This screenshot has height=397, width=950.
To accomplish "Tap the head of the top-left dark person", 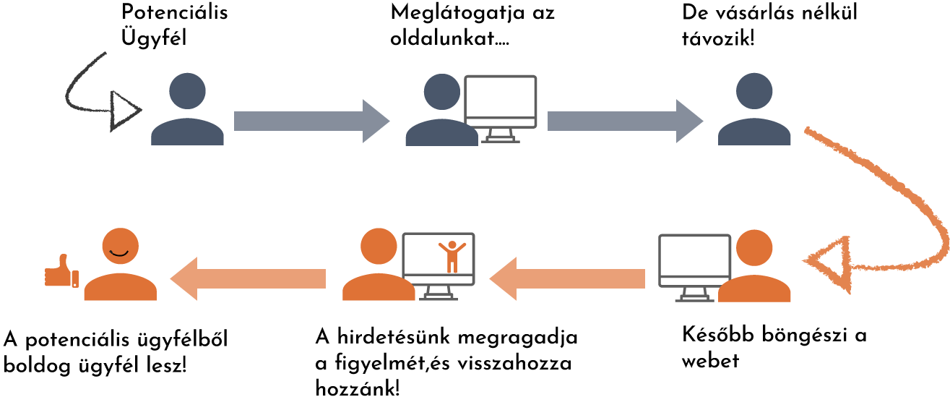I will [x=187, y=91].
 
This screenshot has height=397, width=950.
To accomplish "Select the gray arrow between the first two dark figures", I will [x=311, y=121].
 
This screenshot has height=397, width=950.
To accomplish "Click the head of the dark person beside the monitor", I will [x=441, y=91].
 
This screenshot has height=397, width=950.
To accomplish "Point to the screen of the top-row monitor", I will [x=500, y=101].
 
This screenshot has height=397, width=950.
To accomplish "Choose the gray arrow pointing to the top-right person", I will [x=624, y=121].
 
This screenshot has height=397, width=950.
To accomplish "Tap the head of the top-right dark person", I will [x=754, y=91].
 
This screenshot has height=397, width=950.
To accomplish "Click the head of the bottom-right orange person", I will [x=754, y=248].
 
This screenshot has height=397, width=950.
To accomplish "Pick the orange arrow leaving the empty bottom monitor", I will [x=567, y=278].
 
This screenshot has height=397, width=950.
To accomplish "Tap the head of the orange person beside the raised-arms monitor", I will [x=379, y=247].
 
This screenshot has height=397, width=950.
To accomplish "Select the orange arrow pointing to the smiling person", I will [x=248, y=278].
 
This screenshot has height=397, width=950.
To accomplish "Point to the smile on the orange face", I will [x=120, y=252].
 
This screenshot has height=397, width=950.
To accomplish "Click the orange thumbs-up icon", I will [x=61, y=273].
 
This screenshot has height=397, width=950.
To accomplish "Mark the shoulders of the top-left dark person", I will [x=187, y=133].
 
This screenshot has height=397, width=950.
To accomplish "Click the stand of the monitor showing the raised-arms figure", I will [x=438, y=294].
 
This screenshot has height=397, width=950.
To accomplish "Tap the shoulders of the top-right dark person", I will [x=754, y=133].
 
